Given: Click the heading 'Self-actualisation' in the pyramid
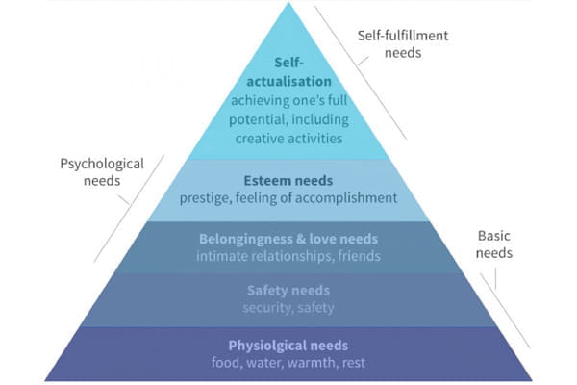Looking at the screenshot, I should (x=288, y=72).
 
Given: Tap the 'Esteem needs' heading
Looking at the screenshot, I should (x=288, y=180).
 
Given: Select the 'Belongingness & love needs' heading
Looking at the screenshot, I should (x=288, y=237).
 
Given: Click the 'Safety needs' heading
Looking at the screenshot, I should (x=288, y=291).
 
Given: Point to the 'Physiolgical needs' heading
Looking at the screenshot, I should (x=288, y=345).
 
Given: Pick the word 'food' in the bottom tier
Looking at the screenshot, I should (x=228, y=363).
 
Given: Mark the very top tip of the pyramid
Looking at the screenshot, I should (x=288, y=3).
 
